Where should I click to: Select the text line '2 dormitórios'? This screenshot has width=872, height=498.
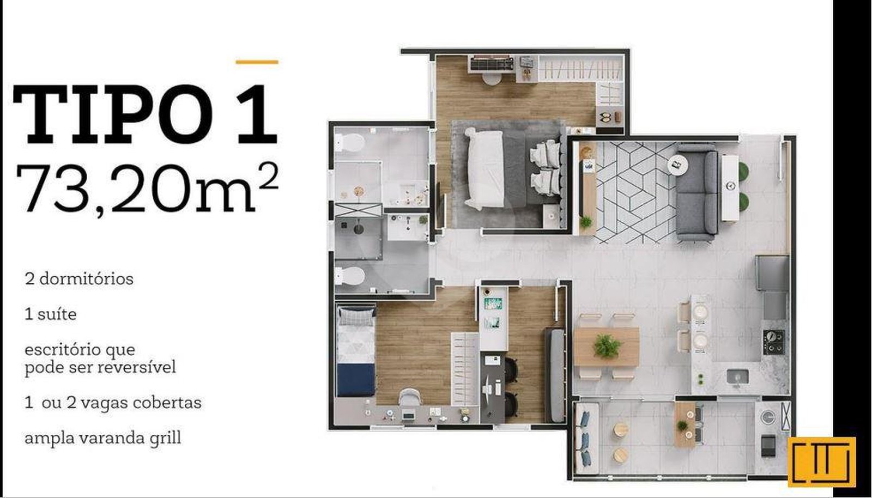(79, 279)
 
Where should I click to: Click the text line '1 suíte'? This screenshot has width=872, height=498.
(51, 314)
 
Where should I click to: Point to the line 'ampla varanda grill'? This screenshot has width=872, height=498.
(103, 438)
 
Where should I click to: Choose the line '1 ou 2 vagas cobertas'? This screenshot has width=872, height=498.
(113, 403)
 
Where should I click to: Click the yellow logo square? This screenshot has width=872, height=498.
(822, 462)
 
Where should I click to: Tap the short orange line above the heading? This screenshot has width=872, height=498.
(257, 62)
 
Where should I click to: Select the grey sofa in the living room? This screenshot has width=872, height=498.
(697, 192)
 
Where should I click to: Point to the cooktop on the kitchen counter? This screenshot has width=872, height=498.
(774, 342)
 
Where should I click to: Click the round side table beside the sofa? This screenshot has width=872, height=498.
(678, 165)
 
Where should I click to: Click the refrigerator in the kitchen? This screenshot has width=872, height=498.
(772, 273)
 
